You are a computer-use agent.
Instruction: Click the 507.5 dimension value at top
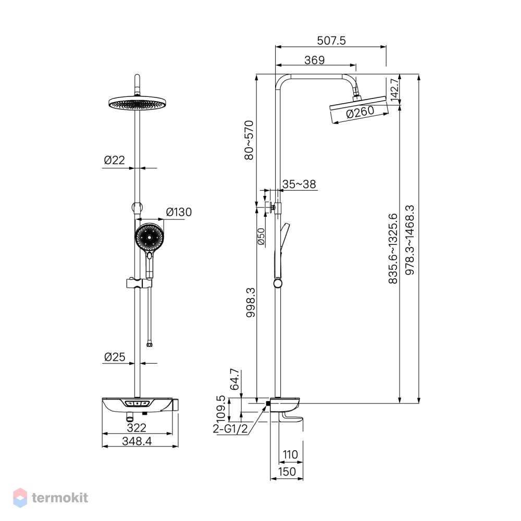point(331,41)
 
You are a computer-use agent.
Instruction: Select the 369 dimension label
point(314,60)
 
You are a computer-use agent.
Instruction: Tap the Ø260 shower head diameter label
point(360,112)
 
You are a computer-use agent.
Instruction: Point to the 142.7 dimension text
point(394,90)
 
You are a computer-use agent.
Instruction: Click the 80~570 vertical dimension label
point(249,140)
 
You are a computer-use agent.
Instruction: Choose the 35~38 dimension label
point(299,184)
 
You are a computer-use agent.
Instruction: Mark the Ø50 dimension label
point(261,237)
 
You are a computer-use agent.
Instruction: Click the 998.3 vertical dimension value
point(251,302)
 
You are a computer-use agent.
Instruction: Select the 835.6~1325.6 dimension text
point(393,249)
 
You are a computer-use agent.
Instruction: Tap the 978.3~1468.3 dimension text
point(410,240)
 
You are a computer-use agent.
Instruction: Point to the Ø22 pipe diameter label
point(114,160)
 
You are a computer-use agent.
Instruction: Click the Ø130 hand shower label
point(179,212)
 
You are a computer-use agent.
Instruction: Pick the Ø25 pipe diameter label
point(115,357)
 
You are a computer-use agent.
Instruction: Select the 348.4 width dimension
point(137,441)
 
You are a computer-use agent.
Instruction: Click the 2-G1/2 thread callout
point(230,429)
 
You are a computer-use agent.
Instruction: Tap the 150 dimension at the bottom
point(287,472)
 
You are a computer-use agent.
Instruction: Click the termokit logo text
point(60,498)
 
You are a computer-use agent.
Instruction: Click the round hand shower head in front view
point(150,238)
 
